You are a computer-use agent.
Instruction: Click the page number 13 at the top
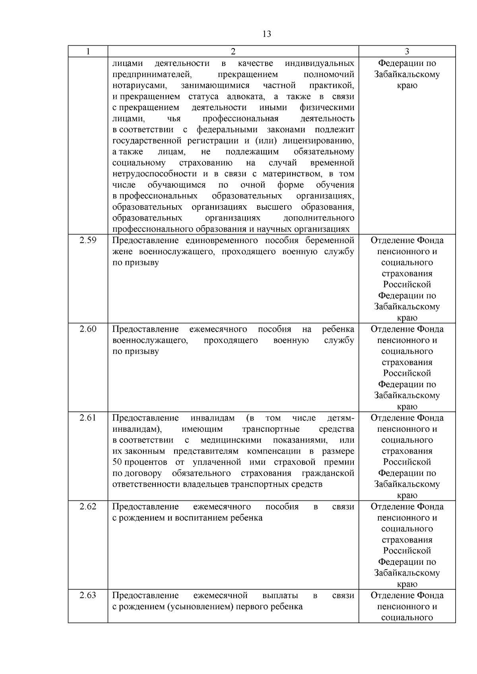coord(267,34)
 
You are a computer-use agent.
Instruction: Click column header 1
coord(88,52)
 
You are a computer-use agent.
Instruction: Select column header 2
coord(233,52)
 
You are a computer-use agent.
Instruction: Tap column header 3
coord(407,52)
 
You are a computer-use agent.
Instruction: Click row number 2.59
coord(88,240)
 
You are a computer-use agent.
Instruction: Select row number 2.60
coord(88,329)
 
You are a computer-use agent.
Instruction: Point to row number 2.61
coord(88,418)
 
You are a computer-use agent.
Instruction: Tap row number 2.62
coord(88,506)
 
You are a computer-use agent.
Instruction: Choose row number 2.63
coord(88,595)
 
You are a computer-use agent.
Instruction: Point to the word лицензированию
coord(318,141)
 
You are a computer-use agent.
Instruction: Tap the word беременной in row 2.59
coord(330,241)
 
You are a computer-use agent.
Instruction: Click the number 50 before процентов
coord(117,462)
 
